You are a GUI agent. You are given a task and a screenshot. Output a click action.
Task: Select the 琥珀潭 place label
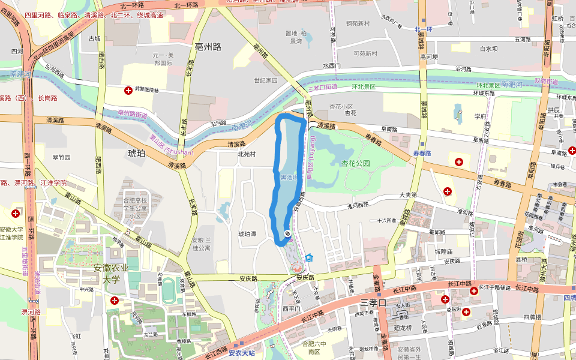[x=247, y=234]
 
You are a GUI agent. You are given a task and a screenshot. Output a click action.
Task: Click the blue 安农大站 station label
[x=241, y=353]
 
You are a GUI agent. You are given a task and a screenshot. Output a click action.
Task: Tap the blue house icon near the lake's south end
[x=309, y=257]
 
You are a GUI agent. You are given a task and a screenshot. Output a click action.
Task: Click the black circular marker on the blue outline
[x=287, y=233]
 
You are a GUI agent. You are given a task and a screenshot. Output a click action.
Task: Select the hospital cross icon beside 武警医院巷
[x=128, y=91]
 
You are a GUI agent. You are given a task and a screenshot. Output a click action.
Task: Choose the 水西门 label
[x=332, y=65]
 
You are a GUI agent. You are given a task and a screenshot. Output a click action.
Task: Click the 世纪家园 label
[x=265, y=80]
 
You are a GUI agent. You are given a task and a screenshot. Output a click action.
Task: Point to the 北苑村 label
[x=247, y=154]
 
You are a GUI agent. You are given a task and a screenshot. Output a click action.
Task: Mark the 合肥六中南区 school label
[x=316, y=347]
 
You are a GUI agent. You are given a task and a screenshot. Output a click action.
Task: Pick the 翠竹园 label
[x=62, y=157]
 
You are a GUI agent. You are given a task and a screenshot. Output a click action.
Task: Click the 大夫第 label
[x=407, y=195]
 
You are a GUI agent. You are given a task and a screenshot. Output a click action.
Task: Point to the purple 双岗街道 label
[x=546, y=81]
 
